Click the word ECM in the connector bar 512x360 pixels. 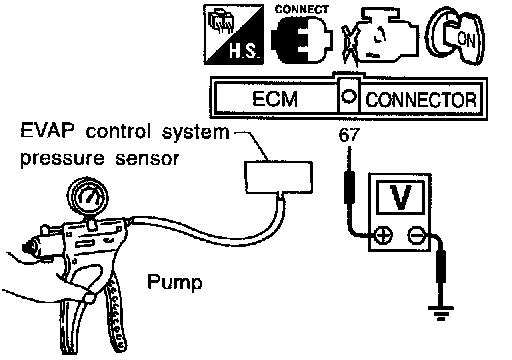(275, 99)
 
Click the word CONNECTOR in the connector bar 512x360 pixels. (421, 100)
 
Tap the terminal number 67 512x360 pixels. (349, 135)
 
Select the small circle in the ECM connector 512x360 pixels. (349, 97)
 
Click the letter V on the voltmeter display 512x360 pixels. (400, 197)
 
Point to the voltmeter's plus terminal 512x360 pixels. (383, 235)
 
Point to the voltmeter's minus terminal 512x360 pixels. (416, 235)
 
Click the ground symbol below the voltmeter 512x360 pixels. (441, 312)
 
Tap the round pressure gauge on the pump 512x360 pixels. (88, 197)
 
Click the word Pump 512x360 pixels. (175, 282)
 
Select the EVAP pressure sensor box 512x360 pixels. (279, 177)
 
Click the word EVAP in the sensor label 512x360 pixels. (47, 131)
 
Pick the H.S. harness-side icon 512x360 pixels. (234, 34)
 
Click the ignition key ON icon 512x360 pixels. (455, 35)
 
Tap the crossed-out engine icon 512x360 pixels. (380, 36)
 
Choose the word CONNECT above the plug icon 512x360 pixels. (302, 9)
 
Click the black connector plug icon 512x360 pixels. (302, 40)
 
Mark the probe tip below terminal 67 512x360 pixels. (349, 147)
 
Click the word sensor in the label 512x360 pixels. (147, 159)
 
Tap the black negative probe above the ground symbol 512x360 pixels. (441, 267)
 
